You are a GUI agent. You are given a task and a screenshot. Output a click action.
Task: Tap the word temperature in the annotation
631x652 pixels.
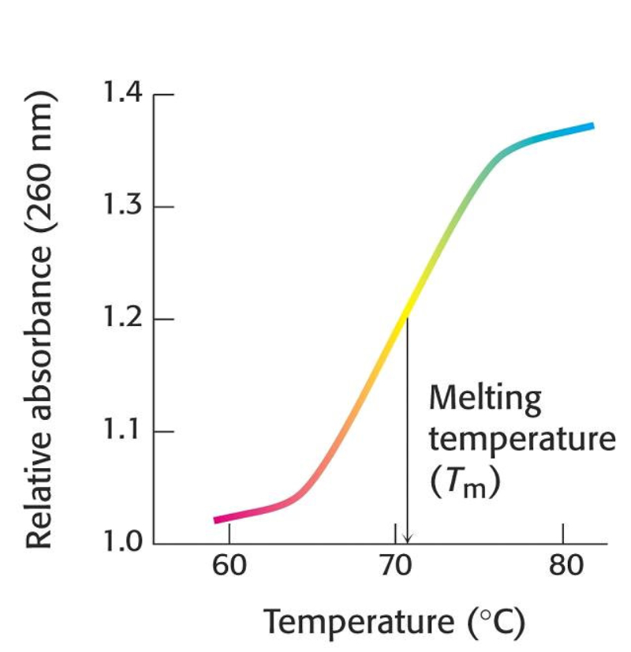tap(521, 440)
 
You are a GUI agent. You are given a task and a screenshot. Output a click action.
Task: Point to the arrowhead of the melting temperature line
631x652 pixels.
tap(407, 539)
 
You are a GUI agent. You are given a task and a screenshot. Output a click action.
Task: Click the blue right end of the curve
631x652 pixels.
tap(588, 126)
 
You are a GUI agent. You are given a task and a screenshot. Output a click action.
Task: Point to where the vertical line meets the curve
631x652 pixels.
tap(407, 316)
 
